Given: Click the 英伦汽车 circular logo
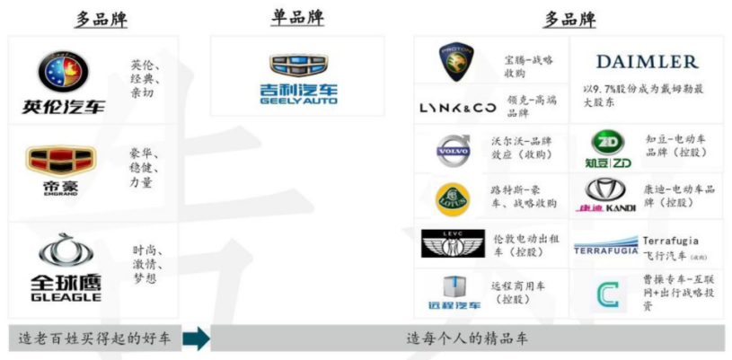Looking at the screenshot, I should click(x=63, y=72).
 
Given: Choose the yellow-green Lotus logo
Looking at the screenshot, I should click(x=453, y=197).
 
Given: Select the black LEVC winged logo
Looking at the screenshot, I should click(x=453, y=243).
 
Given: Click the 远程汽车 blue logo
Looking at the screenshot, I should click(x=453, y=292).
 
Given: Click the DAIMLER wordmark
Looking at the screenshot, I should click(x=647, y=61).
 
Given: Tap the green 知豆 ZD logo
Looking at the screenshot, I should click(x=610, y=148).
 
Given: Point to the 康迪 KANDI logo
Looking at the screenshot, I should click(x=610, y=195).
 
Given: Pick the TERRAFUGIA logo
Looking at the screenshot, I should click(x=605, y=245).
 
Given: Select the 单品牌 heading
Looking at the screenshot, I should click(x=296, y=17).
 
